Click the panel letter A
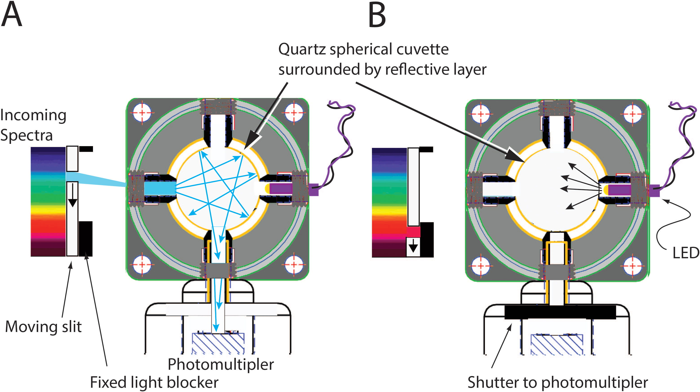tap(11, 15)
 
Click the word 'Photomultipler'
tap(221, 364)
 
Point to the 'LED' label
tap(685, 253)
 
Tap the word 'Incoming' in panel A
tap(33, 115)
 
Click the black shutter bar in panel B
tap(560, 312)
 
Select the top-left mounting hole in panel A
tap(142, 112)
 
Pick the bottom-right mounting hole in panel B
tap(632, 266)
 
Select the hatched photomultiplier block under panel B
tap(557, 344)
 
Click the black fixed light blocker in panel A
tap(86, 238)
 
